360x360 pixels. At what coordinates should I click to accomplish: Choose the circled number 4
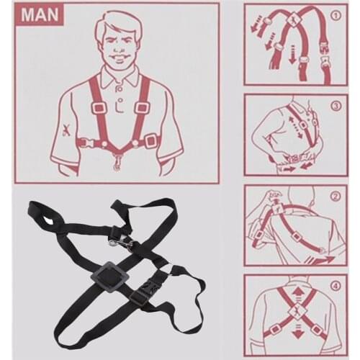pyautogui.click(x=336, y=287)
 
